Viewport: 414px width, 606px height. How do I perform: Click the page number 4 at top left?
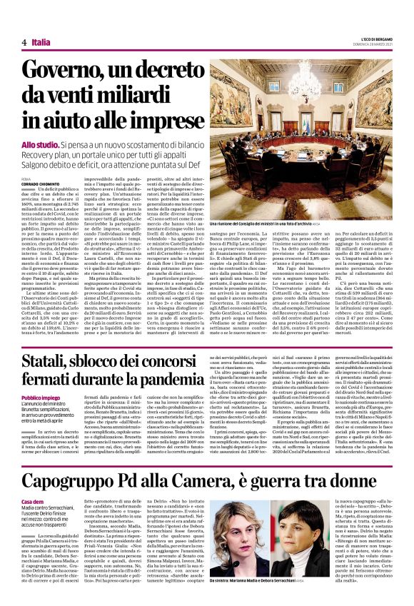pos(24,42)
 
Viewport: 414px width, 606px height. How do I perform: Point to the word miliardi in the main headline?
pos(147,99)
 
